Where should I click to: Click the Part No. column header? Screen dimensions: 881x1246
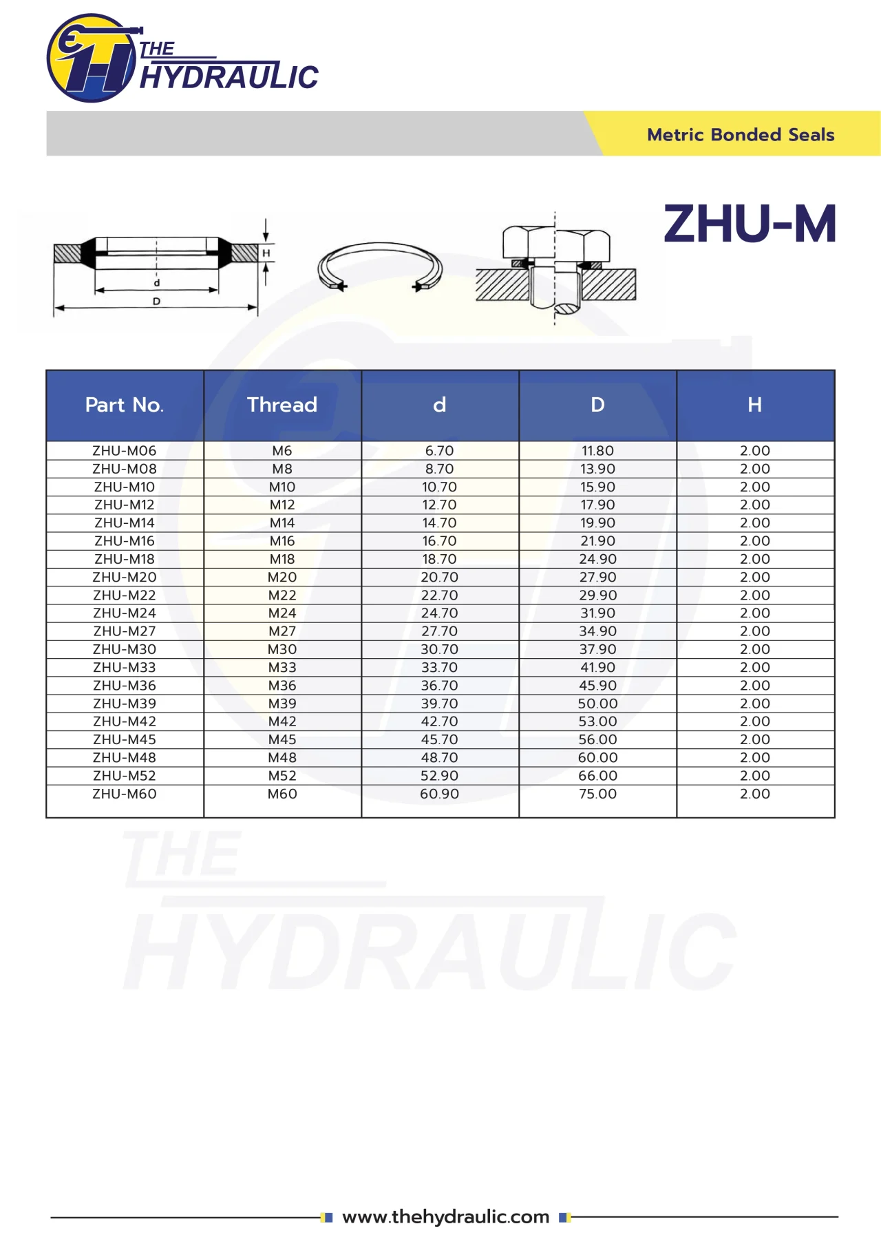[125, 405]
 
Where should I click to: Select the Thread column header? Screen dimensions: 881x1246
[282, 405]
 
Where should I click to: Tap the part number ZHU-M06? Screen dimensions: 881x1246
[125, 451]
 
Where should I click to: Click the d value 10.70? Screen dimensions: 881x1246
[440, 487]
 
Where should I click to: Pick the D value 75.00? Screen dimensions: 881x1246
[597, 794]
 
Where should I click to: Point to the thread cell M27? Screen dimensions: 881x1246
[282, 631]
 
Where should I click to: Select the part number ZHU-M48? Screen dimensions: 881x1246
[125, 758]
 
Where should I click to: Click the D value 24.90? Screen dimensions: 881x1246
[597, 559]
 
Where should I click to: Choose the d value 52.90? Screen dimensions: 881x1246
[440, 776]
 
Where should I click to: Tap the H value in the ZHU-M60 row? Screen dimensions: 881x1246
[755, 794]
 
